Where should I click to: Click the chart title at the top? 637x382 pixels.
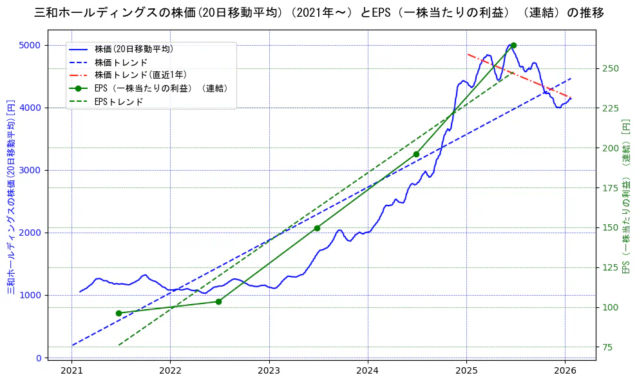[318, 12]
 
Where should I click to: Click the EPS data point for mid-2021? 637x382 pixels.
[119, 313]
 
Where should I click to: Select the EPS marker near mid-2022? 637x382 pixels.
[218, 301]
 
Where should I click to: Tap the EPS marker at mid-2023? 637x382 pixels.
[317, 228]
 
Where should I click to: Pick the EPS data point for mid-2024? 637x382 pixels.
[416, 154]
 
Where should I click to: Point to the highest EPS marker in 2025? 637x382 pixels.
[513, 45]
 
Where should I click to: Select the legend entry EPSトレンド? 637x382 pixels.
[119, 101]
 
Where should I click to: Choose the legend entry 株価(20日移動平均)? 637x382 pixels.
[133, 49]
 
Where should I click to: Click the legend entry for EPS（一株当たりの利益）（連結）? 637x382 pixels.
[161, 88]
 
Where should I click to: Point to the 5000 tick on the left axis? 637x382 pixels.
[30, 45]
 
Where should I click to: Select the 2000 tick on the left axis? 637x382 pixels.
[30, 233]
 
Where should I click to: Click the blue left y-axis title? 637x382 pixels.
[10, 196]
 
